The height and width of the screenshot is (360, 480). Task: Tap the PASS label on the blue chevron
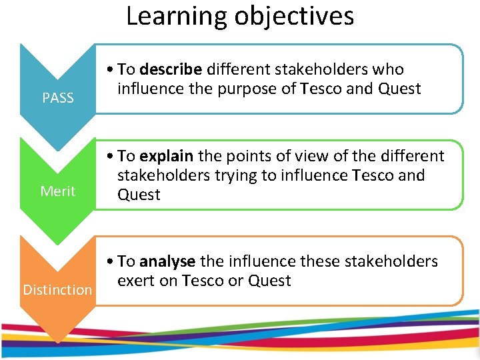coord(58,99)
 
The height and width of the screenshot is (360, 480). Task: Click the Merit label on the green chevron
coord(58,191)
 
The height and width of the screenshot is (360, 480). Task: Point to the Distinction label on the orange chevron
coord(57,290)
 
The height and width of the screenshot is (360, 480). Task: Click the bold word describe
coord(171,69)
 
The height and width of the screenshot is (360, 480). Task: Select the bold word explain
coord(167,157)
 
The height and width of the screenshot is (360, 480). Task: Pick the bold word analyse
coord(167,261)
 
